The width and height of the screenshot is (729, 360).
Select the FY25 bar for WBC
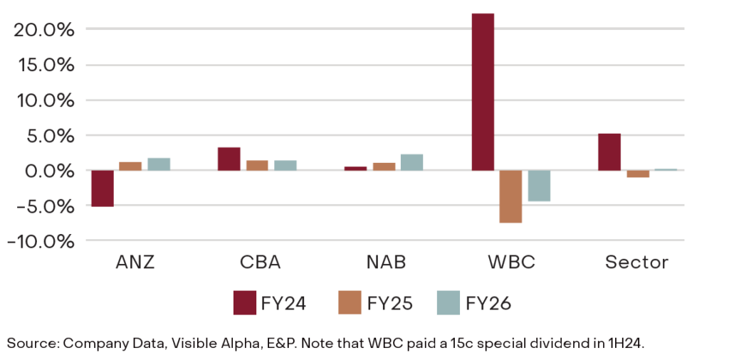(x=510, y=196)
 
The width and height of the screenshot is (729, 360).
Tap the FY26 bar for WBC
(x=538, y=186)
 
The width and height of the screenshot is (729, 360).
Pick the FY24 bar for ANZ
(x=103, y=189)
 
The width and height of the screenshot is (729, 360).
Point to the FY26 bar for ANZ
(x=158, y=164)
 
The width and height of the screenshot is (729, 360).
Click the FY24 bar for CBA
(x=229, y=159)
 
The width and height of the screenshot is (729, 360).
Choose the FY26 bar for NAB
(x=411, y=162)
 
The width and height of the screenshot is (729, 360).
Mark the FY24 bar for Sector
(x=609, y=152)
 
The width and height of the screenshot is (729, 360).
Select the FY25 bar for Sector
(x=637, y=174)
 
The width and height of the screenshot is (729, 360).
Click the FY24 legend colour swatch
(x=244, y=303)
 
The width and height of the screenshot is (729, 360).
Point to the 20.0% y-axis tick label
(x=43, y=29)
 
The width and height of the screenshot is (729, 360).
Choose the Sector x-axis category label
(x=636, y=262)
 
